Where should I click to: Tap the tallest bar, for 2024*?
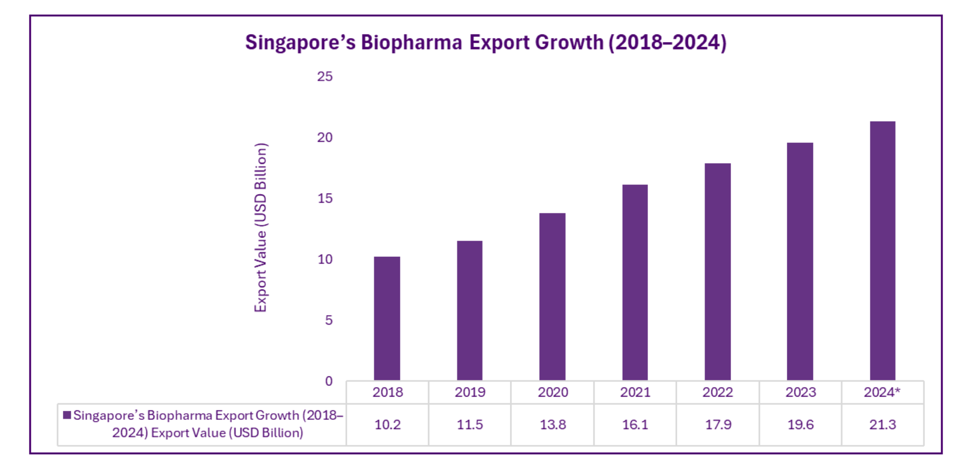[x=882, y=251]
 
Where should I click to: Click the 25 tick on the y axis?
[x=325, y=76]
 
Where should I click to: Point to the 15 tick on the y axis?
[x=325, y=199]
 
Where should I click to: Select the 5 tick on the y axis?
[x=329, y=320]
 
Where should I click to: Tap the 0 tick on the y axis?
[x=329, y=381]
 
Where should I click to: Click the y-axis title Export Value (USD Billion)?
[x=260, y=227]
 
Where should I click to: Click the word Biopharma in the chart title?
[x=411, y=43]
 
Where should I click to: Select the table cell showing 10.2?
[x=387, y=424]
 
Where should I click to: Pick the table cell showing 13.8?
[x=552, y=424]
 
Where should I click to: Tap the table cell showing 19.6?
[x=800, y=424]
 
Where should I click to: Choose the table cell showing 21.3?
[x=882, y=424]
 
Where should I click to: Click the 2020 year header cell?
[x=552, y=392]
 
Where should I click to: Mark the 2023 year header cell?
[x=800, y=392]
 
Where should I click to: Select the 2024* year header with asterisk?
[x=882, y=392]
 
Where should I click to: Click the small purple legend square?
[x=67, y=415]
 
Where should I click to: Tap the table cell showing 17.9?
[x=718, y=424]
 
